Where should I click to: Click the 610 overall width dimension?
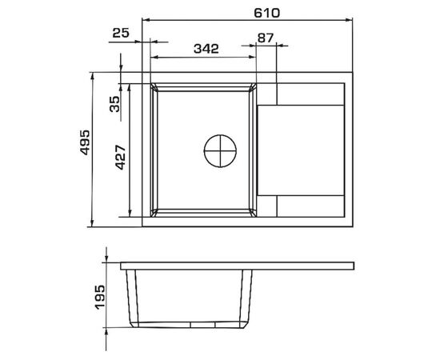point(266,13)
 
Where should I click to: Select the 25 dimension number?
point(121,33)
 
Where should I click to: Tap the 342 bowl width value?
point(206,49)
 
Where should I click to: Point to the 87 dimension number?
point(265,38)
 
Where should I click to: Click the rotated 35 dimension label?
point(114,104)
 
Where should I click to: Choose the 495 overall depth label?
point(85,142)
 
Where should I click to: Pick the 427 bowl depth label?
point(120,157)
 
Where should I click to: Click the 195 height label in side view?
point(100,298)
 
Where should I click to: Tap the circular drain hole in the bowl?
point(220,150)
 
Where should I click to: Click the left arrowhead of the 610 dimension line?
point(146,20)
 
